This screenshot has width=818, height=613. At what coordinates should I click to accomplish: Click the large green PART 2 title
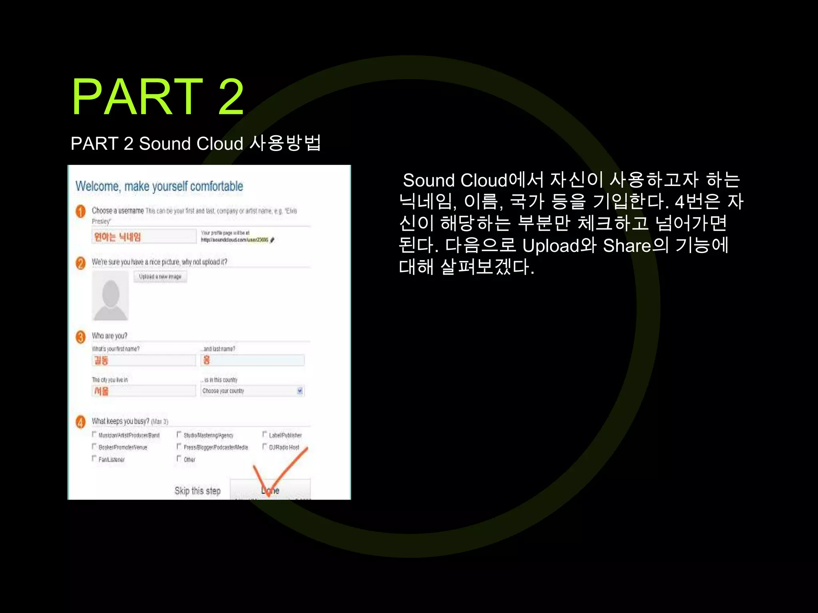coord(157,97)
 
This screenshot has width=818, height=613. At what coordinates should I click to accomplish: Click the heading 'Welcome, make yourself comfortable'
coord(159,186)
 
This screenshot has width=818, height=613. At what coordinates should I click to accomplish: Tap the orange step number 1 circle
coord(81,211)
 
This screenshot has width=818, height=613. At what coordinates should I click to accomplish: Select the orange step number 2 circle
coord(81,263)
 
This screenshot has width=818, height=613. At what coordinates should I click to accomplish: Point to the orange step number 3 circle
coord(81,337)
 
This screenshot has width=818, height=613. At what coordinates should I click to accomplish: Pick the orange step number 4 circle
coord(81,422)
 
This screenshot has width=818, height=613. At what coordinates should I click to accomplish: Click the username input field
coord(144,236)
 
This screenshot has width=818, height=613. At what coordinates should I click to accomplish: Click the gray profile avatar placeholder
coord(111,296)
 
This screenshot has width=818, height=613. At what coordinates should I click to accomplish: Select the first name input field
coord(144,360)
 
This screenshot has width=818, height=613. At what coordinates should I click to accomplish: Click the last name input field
coord(253,360)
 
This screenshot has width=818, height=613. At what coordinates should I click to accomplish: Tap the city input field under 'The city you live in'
coord(144,391)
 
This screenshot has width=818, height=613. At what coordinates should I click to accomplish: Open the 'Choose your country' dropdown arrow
coord(300,391)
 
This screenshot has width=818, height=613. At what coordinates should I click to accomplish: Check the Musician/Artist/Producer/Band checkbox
coord(94,434)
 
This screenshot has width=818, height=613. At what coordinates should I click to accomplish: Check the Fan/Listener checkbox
coord(94,458)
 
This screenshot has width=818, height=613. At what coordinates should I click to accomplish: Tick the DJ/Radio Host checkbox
coord(264,446)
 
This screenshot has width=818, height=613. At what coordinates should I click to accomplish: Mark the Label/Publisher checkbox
coord(264,434)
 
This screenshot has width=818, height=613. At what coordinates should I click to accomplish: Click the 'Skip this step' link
coord(197,491)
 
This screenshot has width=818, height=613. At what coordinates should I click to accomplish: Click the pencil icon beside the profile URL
coord(272,240)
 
